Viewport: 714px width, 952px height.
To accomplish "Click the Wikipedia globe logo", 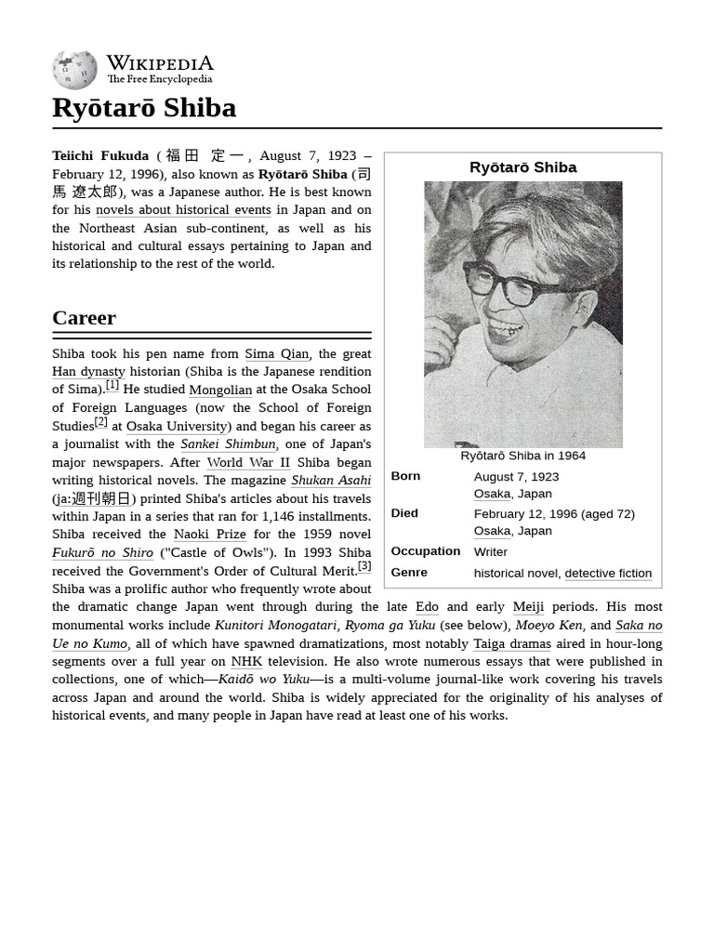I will [x=74, y=70].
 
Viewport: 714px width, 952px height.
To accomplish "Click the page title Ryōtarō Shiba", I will [x=144, y=108].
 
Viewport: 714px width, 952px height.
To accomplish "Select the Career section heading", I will [x=84, y=318].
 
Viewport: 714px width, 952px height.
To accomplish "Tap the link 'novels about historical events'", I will [x=183, y=210].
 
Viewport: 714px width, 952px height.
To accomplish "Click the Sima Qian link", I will [x=276, y=353].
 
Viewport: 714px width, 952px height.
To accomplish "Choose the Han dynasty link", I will [x=88, y=372].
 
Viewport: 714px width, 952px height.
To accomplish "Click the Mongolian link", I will [x=220, y=390].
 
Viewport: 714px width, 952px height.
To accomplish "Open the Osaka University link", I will [x=177, y=426].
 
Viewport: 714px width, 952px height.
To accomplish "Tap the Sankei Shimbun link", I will [x=228, y=444].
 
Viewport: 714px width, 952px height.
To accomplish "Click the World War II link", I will [x=248, y=462].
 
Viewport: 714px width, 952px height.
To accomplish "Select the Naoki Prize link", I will [x=210, y=535].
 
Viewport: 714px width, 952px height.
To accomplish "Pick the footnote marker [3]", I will [x=364, y=566].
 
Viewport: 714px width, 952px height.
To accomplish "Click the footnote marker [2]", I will [x=101, y=422].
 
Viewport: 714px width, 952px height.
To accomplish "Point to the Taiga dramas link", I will [x=511, y=643].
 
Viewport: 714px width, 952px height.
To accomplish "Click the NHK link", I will [x=246, y=662].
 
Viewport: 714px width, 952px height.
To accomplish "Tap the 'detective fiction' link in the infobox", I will [x=608, y=574].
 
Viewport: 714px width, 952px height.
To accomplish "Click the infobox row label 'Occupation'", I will [x=425, y=551].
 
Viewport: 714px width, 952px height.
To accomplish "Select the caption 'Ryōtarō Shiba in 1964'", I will [x=522, y=456].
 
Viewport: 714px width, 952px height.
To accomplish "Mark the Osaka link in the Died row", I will [x=492, y=531].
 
